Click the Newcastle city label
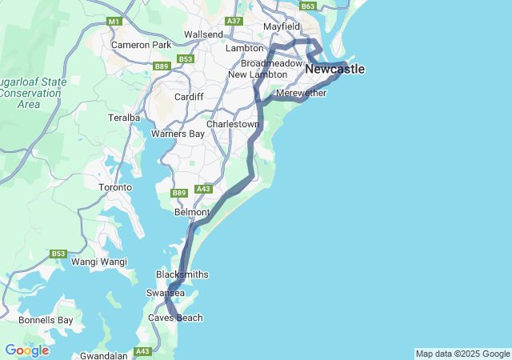(334, 70)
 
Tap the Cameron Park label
(142, 45)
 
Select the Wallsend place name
(203, 34)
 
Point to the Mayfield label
(282, 26)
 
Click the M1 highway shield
(114, 21)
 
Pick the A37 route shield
(234, 21)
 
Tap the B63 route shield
(308, 6)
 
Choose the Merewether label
(301, 94)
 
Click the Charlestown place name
(233, 125)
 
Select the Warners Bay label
(178, 134)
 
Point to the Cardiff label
(189, 97)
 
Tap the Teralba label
(125, 118)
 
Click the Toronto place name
(114, 187)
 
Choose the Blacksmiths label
(182, 274)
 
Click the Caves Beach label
(175, 318)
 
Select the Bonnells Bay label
(46, 320)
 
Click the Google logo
(26, 350)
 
